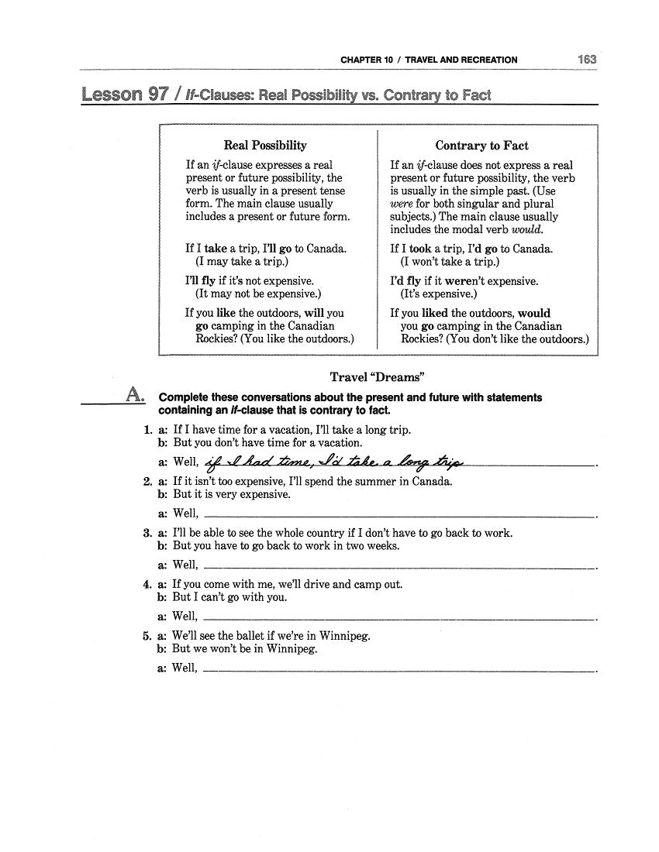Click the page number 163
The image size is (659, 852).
point(586,59)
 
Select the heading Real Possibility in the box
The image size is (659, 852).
point(265,145)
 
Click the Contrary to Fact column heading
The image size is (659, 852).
point(481,145)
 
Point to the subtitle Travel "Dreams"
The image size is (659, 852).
point(378,377)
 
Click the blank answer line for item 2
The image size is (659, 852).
point(399,514)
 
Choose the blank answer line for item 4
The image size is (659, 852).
point(399,618)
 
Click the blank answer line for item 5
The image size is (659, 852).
point(399,670)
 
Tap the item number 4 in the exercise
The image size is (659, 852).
point(147,585)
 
